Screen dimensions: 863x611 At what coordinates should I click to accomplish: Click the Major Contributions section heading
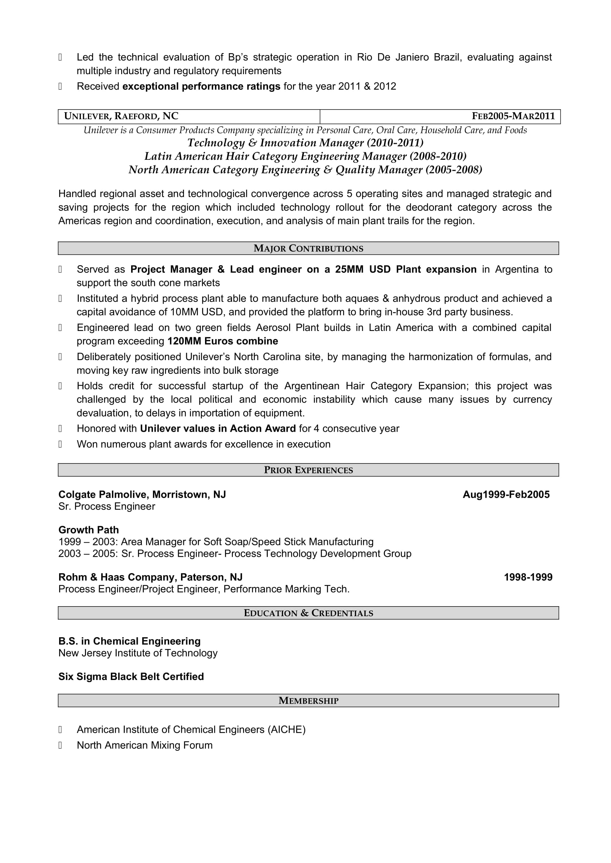tap(308, 248)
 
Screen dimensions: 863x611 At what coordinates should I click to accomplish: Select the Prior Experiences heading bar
tap(308, 470)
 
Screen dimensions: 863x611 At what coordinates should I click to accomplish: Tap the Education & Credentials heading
tap(308, 613)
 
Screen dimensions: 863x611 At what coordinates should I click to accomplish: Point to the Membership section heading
tap(308, 701)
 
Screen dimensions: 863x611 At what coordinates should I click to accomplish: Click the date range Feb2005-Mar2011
tap(513, 116)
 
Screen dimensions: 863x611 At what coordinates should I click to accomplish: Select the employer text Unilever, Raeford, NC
tap(121, 116)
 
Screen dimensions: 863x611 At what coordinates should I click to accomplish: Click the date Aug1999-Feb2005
tap(506, 495)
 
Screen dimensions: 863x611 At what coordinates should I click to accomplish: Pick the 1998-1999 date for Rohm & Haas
tap(528, 577)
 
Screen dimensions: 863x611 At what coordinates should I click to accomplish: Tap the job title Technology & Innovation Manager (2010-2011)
tap(305, 143)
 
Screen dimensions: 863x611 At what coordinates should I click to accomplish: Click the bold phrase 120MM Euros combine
tap(222, 341)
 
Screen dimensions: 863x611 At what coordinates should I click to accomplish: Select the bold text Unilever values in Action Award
tap(218, 429)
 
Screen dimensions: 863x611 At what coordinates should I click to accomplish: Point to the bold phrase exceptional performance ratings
tap(201, 86)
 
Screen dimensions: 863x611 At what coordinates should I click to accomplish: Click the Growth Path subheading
tap(88, 530)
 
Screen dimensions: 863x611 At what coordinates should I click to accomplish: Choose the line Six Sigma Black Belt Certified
tap(131, 677)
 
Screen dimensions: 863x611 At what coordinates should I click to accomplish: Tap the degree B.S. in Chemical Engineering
tap(129, 641)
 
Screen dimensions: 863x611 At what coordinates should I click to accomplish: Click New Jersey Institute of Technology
tap(138, 653)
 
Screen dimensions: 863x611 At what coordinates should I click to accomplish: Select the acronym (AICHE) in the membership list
tap(286, 729)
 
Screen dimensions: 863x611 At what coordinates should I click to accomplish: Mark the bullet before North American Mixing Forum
tap(60, 745)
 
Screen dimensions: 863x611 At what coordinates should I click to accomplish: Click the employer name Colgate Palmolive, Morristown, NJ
tap(142, 495)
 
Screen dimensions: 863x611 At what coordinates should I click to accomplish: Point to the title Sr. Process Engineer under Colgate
tap(106, 507)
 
